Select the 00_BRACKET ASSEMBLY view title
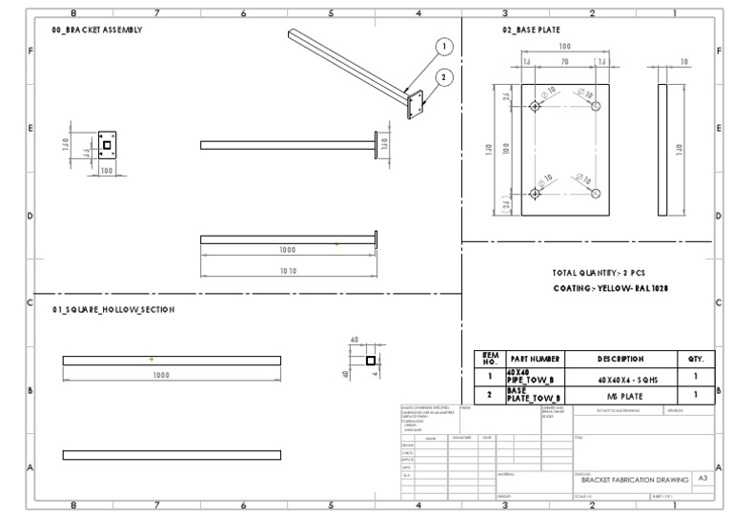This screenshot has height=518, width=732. (x=96, y=31)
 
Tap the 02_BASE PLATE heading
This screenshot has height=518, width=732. (x=531, y=31)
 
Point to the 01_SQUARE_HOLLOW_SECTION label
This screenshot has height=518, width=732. (x=113, y=310)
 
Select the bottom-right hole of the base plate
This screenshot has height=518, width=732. (x=596, y=194)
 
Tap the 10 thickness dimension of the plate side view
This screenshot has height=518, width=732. (x=683, y=61)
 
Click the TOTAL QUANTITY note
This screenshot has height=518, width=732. (x=597, y=273)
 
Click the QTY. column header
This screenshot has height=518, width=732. (x=695, y=359)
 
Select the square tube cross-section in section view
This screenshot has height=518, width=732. (x=371, y=361)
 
